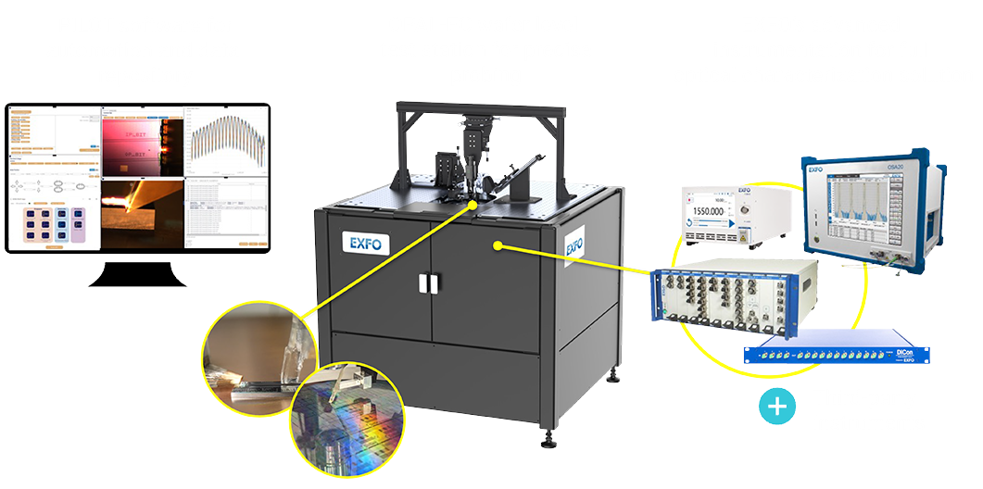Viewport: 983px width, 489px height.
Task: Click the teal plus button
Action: pyautogui.click(x=777, y=406)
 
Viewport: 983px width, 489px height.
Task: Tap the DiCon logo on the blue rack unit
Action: pyautogui.click(x=903, y=352)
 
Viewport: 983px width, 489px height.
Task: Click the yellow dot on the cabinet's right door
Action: pyautogui.click(x=498, y=246)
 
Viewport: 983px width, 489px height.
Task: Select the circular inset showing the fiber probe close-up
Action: pyautogui.click(x=258, y=357)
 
